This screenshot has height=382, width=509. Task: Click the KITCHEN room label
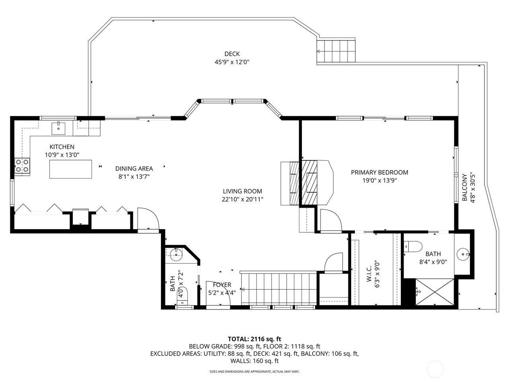62,147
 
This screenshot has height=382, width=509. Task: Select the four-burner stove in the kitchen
22,166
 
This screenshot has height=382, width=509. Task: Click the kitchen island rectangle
70,169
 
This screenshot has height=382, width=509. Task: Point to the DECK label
232,54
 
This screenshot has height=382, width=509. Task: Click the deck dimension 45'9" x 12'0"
232,62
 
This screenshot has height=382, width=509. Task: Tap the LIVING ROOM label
242,191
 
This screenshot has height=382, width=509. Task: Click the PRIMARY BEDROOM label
379,172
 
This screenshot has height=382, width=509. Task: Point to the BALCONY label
464,187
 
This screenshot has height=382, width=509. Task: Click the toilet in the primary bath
412,247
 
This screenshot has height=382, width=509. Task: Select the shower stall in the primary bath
435,292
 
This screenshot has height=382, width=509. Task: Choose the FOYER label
222,285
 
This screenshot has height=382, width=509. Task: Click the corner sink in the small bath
175,254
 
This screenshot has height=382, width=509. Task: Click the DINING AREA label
134,169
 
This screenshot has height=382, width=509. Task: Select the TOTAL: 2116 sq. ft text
254,339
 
